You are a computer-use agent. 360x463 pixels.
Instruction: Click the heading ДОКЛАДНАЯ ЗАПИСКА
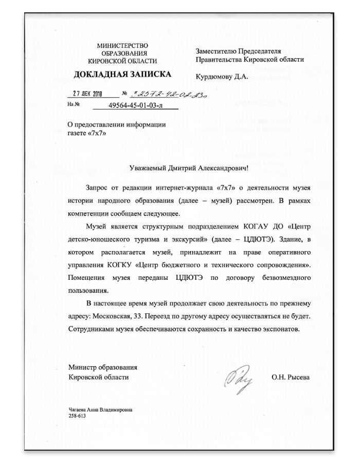[x=122, y=75]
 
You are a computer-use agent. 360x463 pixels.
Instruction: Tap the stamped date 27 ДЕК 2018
[x=85, y=95]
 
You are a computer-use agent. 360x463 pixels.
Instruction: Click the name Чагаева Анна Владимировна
[x=100, y=409]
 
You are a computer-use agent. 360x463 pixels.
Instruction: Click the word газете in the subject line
[x=77, y=133]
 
